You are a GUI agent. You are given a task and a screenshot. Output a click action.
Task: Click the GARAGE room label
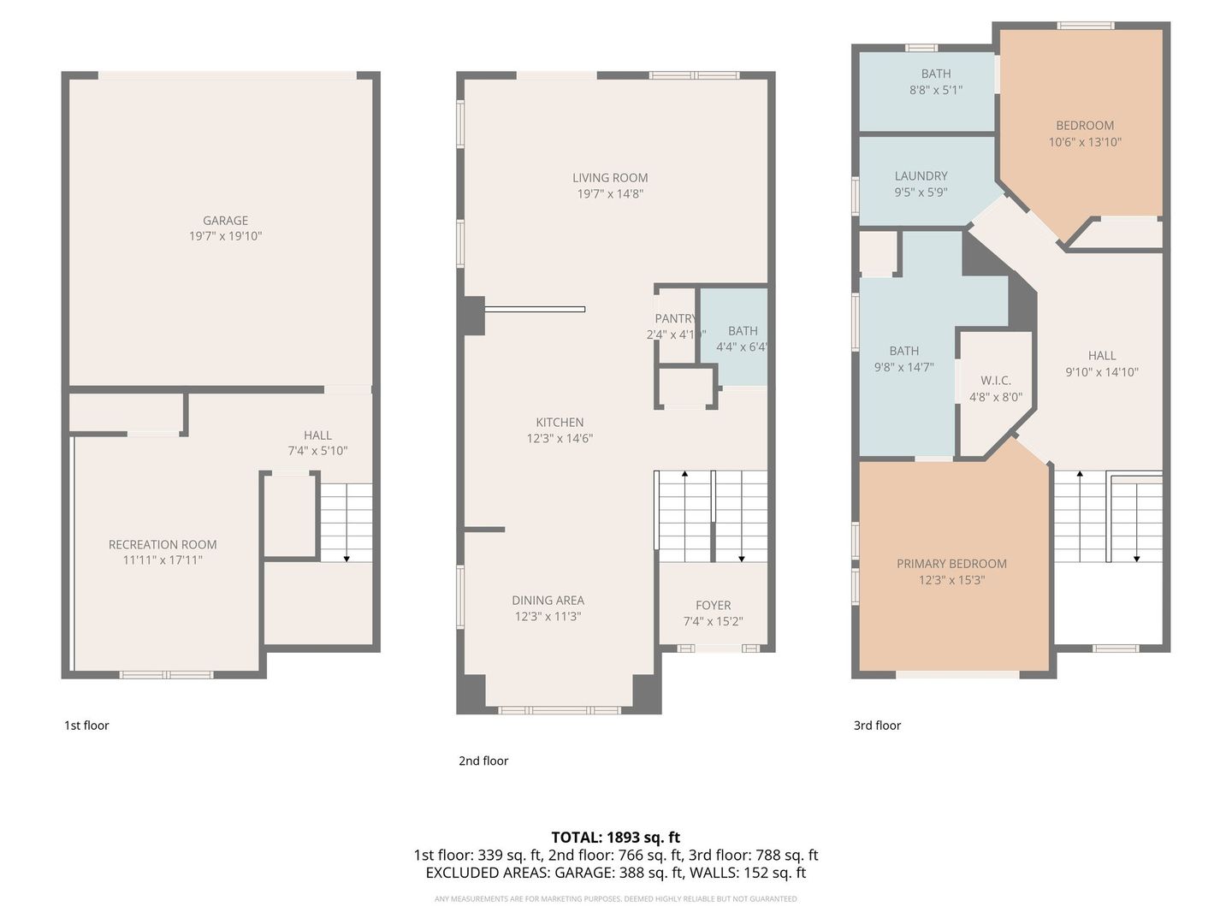tap(225, 220)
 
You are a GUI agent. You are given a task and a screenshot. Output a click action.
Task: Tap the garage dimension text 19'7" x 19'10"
tap(225, 236)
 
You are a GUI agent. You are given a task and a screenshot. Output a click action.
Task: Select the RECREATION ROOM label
tap(163, 544)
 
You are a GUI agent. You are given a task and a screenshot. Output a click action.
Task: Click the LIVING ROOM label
tap(610, 178)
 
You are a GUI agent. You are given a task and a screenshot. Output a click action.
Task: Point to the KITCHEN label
tap(560, 422)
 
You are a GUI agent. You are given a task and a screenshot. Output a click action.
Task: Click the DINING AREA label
tap(548, 600)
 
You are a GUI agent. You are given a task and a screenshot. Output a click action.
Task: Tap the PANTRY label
tap(675, 318)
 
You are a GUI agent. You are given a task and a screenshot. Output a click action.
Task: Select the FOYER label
tap(713, 605)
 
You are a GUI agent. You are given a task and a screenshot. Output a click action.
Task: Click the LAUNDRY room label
tap(921, 175)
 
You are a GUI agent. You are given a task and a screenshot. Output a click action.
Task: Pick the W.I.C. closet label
tap(995, 380)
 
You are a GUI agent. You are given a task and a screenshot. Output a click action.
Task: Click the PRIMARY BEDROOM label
tap(951, 563)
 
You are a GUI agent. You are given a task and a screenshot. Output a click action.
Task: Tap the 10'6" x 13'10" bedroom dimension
tap(1085, 142)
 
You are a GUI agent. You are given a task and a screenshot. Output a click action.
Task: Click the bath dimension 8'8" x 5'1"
tap(936, 90)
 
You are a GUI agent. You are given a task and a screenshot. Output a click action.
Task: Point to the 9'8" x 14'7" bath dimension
tap(903, 367)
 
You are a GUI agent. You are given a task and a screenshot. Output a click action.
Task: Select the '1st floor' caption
tap(86, 726)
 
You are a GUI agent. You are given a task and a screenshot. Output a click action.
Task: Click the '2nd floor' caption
tap(483, 761)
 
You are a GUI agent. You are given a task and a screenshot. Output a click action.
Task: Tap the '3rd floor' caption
tap(877, 726)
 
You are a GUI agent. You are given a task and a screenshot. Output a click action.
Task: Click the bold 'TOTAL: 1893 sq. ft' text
tap(615, 837)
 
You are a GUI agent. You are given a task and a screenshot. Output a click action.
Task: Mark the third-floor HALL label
tap(1102, 355)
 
